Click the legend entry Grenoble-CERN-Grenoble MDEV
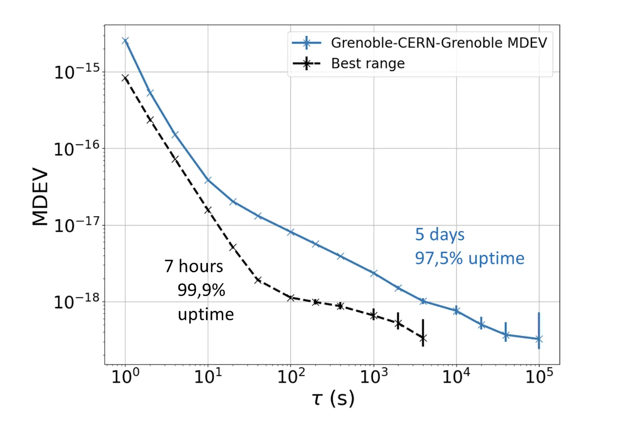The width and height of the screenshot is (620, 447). (419, 43)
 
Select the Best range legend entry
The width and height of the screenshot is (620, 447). (349, 63)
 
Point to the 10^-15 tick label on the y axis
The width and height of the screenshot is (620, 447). (77, 71)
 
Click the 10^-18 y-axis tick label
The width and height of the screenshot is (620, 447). (77, 301)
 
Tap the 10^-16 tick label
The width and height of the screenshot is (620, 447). (77, 148)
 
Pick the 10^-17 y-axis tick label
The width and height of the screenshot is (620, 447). (77, 225)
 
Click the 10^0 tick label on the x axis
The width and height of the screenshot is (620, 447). (125, 376)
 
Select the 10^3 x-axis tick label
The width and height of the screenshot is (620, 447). (374, 376)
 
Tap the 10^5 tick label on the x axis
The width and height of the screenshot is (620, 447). (539, 376)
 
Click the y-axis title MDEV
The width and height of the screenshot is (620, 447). (40, 196)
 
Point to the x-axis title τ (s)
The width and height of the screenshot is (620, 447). (333, 399)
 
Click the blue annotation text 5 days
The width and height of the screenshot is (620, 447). (440, 235)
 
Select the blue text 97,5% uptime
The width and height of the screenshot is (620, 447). (470, 258)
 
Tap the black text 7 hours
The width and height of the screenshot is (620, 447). (193, 266)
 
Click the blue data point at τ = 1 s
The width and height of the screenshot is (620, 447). (125, 41)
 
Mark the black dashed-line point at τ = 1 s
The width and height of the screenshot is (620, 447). (125, 78)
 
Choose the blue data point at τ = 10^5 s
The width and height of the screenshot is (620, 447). (539, 339)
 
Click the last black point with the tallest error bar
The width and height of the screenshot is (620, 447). (423, 338)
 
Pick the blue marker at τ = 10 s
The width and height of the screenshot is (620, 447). (208, 180)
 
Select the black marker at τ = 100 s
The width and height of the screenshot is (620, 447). (291, 298)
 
